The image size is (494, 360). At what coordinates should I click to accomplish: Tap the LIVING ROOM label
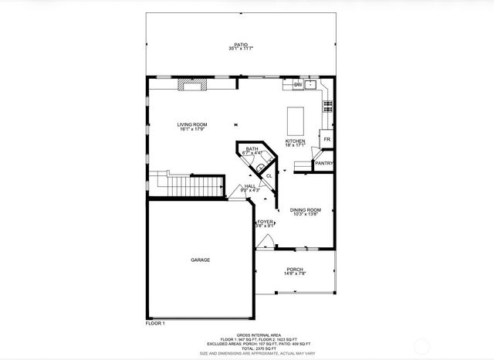192,124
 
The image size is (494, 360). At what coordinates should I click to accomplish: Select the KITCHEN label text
296,141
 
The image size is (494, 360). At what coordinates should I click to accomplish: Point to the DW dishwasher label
297,83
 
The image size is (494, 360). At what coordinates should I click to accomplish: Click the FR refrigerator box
327,140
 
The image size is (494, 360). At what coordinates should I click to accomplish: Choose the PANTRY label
323,164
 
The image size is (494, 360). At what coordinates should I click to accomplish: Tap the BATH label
252,149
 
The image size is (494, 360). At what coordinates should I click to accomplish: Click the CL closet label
269,176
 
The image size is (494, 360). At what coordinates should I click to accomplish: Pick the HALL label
250,186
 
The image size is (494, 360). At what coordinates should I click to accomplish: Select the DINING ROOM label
305,210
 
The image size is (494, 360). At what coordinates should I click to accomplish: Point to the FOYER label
266,222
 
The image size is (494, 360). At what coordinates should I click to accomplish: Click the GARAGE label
200,260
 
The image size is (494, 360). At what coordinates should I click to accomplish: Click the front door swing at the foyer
264,241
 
